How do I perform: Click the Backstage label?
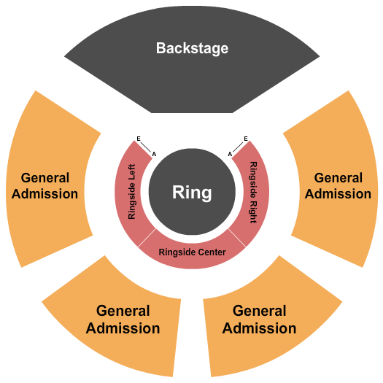coord(192,48)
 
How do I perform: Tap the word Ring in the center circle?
coord(192,193)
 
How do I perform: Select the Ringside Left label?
coord(132,191)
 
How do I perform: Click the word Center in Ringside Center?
coord(210,252)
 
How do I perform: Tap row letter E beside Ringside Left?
coord(138,139)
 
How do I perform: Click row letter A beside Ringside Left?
coord(153,153)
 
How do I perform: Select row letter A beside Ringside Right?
coord(230,153)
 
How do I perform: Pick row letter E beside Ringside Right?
coord(246,139)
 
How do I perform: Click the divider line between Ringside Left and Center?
coord(147,238)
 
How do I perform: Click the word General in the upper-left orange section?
coord(45,177)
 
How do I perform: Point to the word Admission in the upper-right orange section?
coord(338,194)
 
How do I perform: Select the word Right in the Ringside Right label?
coord(253,206)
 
